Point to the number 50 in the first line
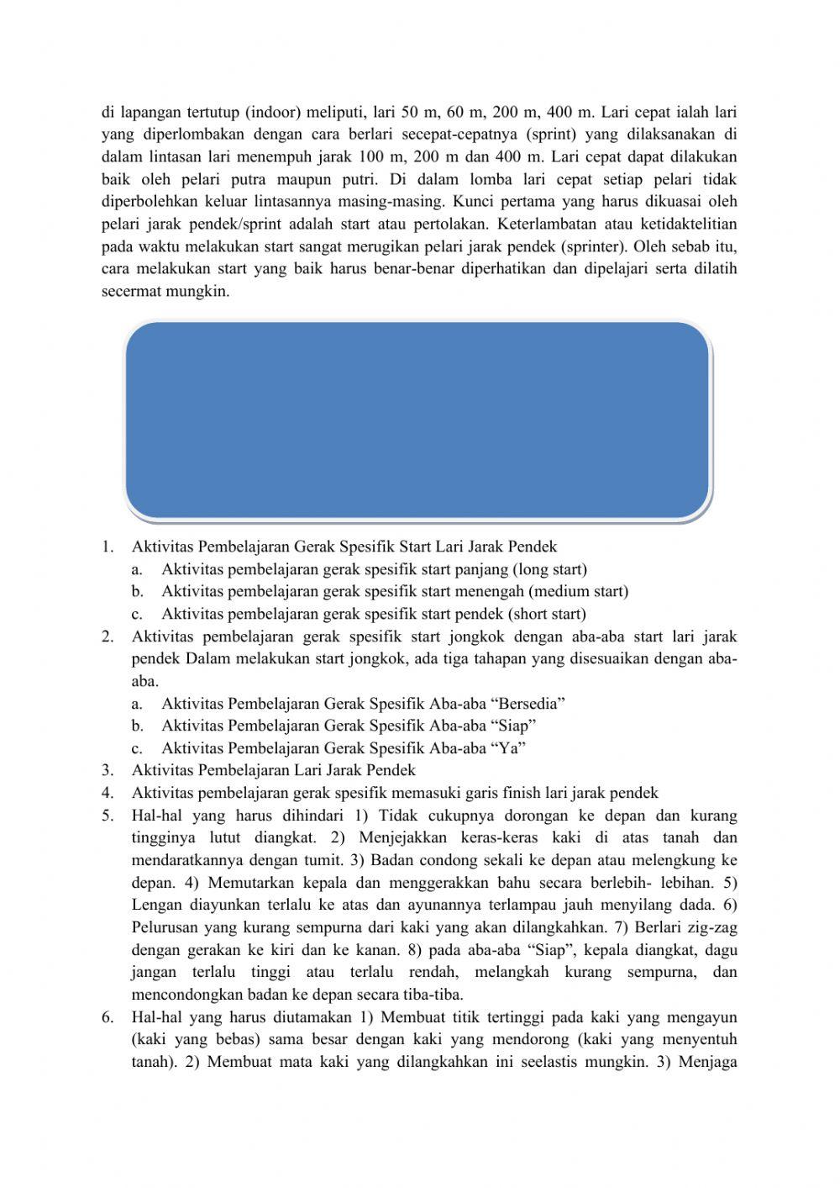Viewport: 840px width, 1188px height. tap(412, 113)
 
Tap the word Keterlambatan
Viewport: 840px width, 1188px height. tap(548, 224)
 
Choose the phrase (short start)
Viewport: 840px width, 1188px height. tap(547, 614)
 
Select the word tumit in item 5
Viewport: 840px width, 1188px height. tap(318, 860)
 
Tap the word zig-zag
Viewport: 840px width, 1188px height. tap(711, 927)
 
